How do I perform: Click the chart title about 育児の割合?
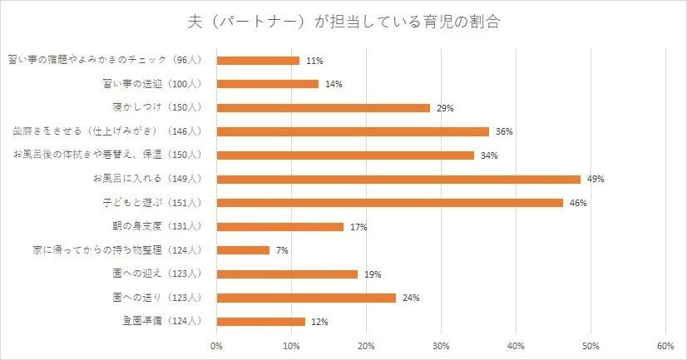click(343, 21)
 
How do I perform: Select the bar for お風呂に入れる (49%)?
click(398, 179)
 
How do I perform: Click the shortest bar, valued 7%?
click(243, 250)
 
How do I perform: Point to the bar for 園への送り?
click(306, 298)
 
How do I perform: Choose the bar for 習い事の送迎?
click(267, 84)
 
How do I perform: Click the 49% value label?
click(595, 180)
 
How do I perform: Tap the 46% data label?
click(577, 204)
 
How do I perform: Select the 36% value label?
click(504, 132)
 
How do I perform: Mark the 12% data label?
click(321, 322)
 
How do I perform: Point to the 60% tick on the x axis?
click(665, 345)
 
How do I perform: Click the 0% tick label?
click(216, 345)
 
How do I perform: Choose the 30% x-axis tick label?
click(441, 345)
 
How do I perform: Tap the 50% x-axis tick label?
click(591, 345)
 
